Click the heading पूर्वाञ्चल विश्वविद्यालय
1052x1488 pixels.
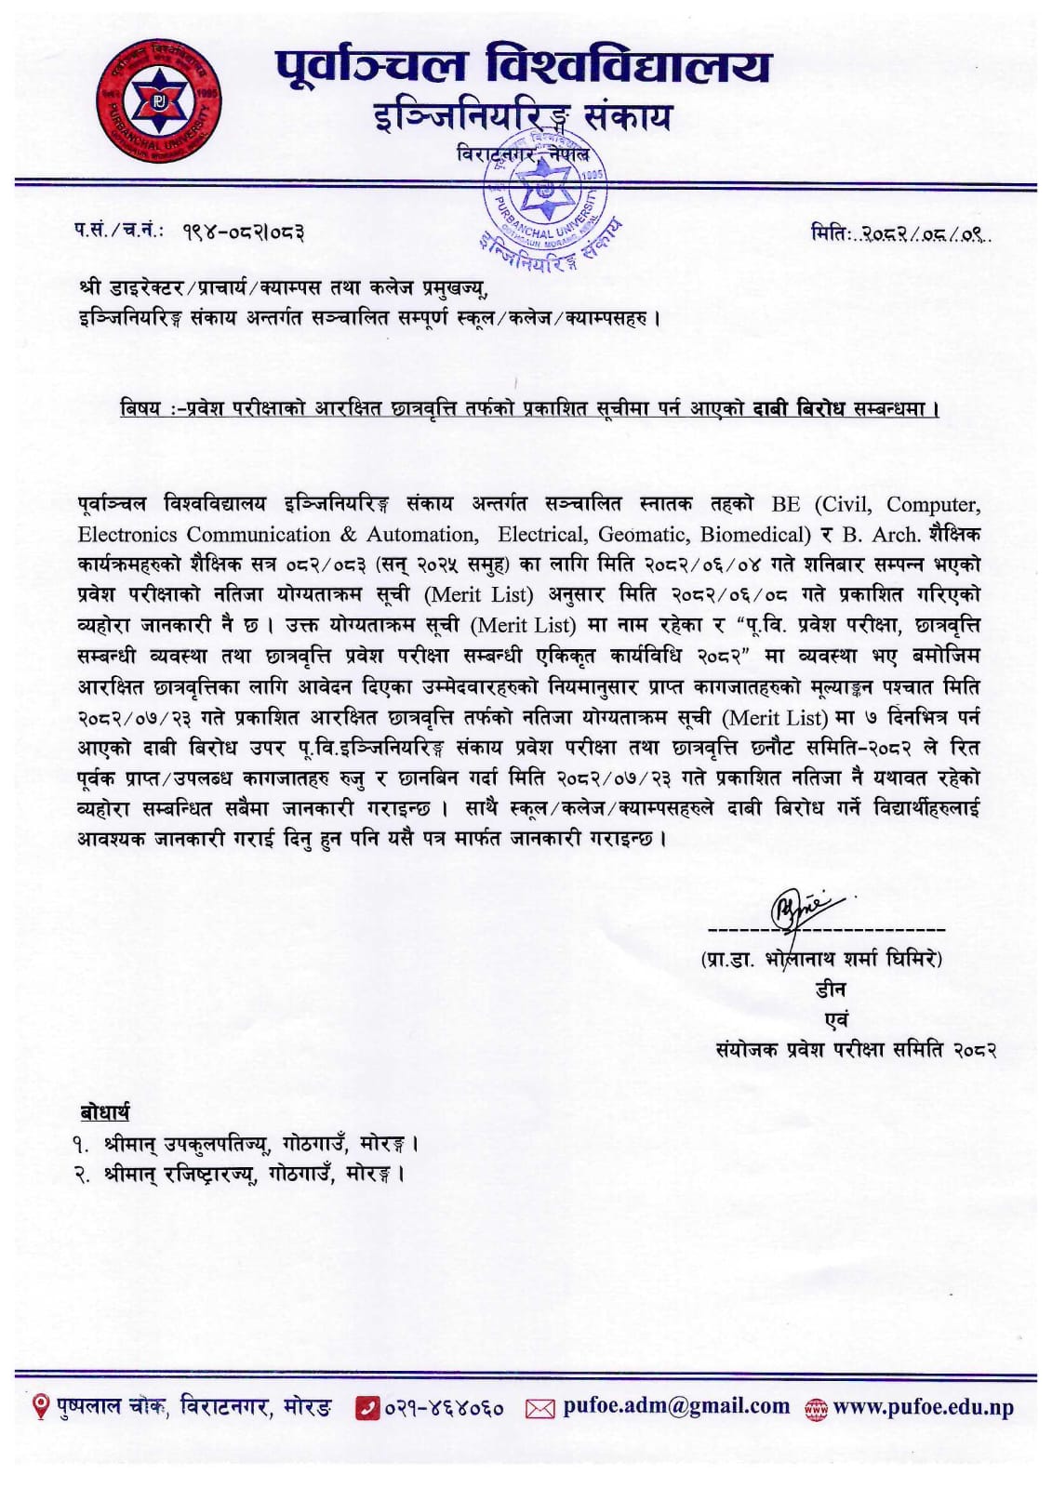tap(523, 67)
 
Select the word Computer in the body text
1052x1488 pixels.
tap(932, 504)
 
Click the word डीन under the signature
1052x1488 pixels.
tap(831, 989)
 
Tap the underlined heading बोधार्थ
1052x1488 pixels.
tap(104, 1112)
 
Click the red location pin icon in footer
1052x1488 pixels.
tap(41, 1407)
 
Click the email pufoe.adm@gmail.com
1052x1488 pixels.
tap(675, 1407)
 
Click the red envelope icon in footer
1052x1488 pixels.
tap(539, 1409)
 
